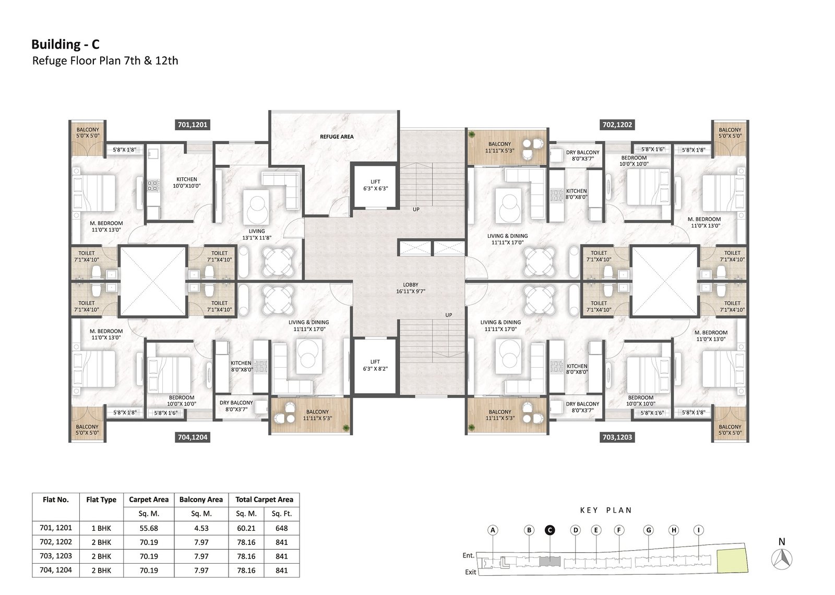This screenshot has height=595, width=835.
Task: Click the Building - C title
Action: pyautogui.click(x=65, y=44)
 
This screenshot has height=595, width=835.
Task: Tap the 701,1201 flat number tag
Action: pyautogui.click(x=193, y=125)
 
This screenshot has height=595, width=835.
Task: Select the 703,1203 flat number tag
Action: pyautogui.click(x=617, y=437)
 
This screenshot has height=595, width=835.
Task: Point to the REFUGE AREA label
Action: pyautogui.click(x=337, y=137)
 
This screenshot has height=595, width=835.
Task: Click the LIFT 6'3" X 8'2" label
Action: pyautogui.click(x=375, y=365)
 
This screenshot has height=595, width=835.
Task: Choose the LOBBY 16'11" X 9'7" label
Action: pyautogui.click(x=410, y=288)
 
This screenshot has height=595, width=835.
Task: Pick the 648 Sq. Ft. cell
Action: pyautogui.click(x=281, y=528)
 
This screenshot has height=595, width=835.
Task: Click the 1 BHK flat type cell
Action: pyautogui.click(x=101, y=528)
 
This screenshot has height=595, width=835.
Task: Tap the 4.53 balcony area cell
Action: pyautogui.click(x=201, y=528)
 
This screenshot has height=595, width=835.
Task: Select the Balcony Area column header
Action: pyautogui.click(x=201, y=499)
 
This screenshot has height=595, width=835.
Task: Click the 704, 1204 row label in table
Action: pyautogui.click(x=56, y=569)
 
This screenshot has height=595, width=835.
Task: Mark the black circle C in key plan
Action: pyautogui.click(x=550, y=530)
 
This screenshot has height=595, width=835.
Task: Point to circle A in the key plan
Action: pyautogui.click(x=493, y=530)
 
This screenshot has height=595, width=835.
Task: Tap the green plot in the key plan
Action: pyautogui.click(x=733, y=561)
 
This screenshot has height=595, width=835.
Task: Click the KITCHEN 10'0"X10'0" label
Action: pyautogui.click(x=187, y=182)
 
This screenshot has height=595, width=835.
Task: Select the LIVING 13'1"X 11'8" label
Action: pyautogui.click(x=257, y=234)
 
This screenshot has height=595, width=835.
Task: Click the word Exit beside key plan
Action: pyautogui.click(x=470, y=572)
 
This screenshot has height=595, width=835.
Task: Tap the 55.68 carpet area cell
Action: pyautogui.click(x=149, y=528)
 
